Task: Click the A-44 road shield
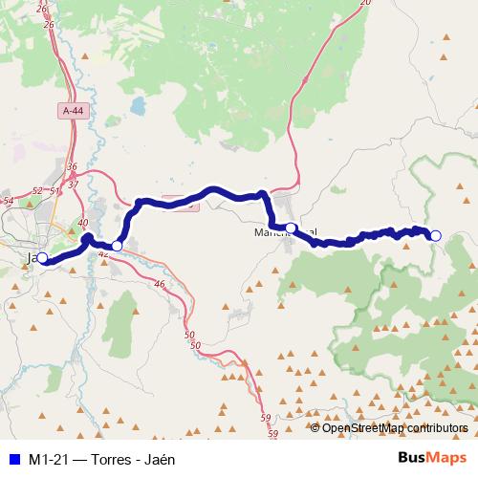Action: click(x=73, y=111)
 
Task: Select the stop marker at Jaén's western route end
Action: click(x=42, y=257)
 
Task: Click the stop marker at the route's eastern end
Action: click(x=436, y=236)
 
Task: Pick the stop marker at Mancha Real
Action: click(x=291, y=228)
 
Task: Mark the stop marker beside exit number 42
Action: click(x=117, y=247)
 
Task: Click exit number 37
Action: click(x=73, y=182)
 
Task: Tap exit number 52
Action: click(x=37, y=191)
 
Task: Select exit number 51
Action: click(x=54, y=191)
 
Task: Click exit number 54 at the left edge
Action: click(x=8, y=201)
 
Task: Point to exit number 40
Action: click(x=83, y=223)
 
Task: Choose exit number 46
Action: click(x=159, y=284)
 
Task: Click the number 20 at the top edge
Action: click(x=363, y=4)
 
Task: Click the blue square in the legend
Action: click(x=13, y=459)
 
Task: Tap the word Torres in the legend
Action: click(x=113, y=459)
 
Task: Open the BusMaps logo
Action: click(x=432, y=458)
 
